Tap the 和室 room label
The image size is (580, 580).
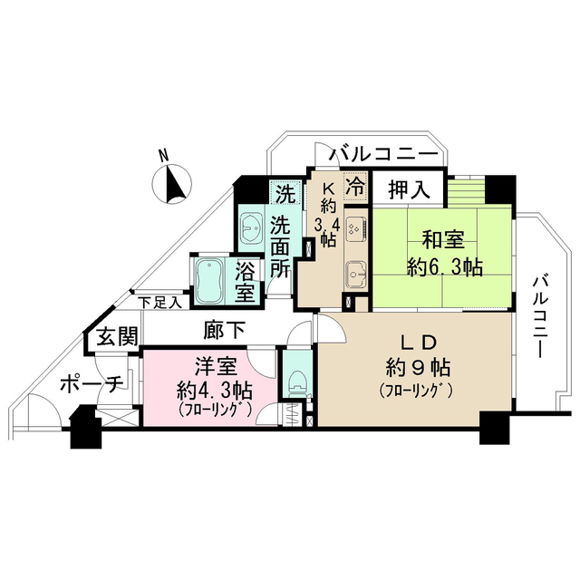point(443,240)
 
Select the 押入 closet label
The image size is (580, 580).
point(409,189)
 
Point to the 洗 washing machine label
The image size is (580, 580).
point(285,193)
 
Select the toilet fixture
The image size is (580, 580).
point(295,381)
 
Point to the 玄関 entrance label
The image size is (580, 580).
point(117,338)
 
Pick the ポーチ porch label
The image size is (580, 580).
point(91,384)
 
